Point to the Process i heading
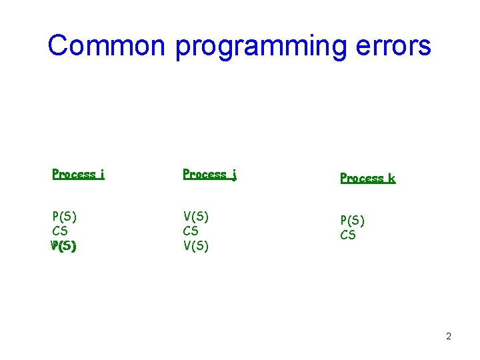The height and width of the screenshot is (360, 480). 78,175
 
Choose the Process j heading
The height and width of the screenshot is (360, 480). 210,175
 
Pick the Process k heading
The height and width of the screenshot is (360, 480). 367,178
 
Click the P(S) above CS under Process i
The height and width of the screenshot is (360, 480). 65,216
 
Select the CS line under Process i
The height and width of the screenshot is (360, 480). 60,231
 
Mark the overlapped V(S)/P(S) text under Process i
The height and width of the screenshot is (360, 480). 64,246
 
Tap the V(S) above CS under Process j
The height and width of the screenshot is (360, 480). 196,216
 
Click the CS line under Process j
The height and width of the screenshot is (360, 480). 191,231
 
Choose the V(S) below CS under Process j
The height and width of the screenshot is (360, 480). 196,246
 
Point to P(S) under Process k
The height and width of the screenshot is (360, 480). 353,220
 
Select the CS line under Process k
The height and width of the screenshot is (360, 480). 348,235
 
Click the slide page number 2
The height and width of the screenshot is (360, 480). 449,336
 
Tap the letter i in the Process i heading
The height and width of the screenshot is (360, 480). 102,175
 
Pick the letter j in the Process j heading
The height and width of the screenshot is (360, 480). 235,175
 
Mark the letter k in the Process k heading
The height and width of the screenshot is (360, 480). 391,178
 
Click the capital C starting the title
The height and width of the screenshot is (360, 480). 59,45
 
